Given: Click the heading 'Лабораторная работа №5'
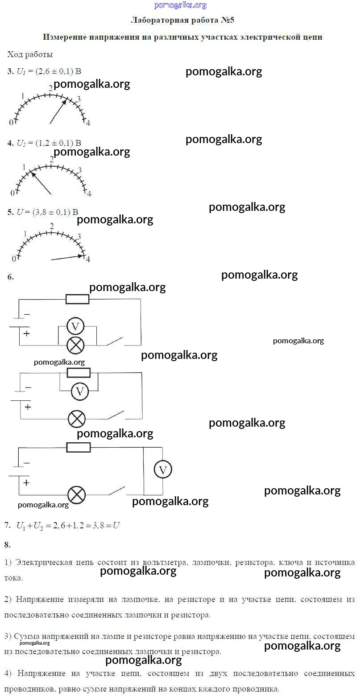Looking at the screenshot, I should click(182, 21).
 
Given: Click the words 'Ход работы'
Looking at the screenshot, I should click(30, 54).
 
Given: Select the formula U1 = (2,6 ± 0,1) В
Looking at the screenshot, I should click(49, 71).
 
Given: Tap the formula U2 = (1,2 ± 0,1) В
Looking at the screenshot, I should click(49, 143).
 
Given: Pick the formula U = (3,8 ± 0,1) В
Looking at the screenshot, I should click(47, 212).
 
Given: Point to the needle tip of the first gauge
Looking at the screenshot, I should click(66, 99).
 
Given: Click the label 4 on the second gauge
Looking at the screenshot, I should click(89, 194).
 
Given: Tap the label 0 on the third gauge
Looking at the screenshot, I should click(14, 259).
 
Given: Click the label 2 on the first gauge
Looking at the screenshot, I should click(51, 88).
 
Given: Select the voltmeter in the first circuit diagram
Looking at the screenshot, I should click(75, 326).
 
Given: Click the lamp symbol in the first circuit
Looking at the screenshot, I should click(75, 345).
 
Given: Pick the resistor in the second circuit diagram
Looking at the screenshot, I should click(78, 373).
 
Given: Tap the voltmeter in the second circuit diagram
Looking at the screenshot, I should click(80, 391).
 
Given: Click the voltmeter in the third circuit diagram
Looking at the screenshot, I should click(162, 469).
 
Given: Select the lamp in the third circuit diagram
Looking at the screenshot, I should click(76, 494).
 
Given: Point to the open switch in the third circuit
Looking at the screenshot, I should click(116, 491).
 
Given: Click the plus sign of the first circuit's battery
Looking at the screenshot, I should click(26, 334).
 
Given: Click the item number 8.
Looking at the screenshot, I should click(7, 544).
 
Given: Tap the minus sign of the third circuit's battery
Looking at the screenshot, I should click(26, 463).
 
